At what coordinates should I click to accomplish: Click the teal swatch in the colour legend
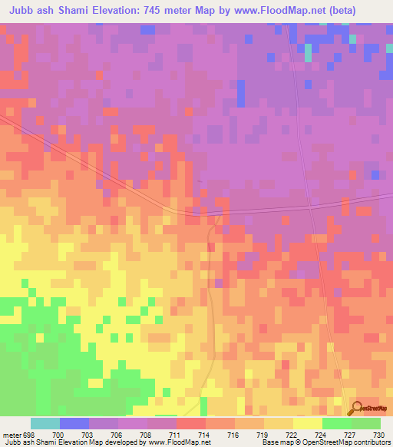(45, 422)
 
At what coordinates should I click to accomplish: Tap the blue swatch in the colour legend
(74, 422)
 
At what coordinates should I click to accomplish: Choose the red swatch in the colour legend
(190, 422)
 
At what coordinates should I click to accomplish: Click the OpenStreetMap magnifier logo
(355, 407)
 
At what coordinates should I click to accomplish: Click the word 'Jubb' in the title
(22, 11)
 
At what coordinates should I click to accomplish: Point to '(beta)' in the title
(369, 11)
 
